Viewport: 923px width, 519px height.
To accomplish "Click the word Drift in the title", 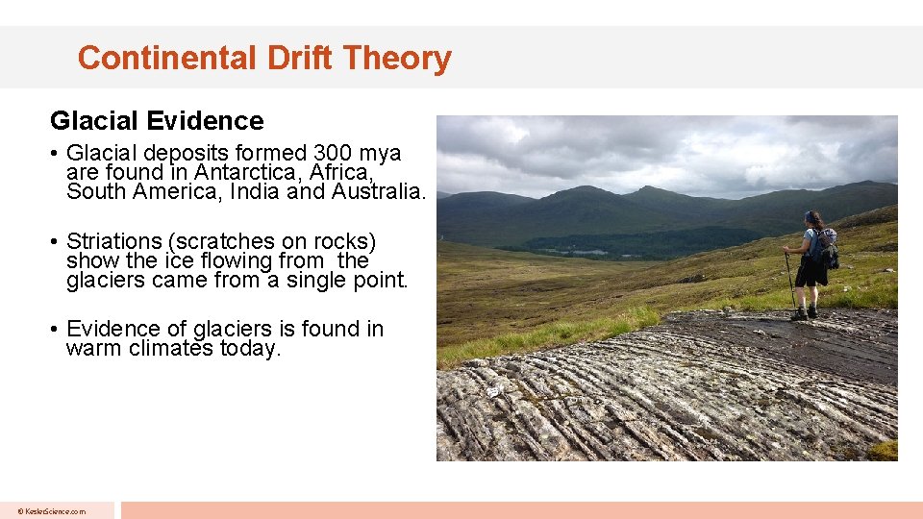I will [x=299, y=59].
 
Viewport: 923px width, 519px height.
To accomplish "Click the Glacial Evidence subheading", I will [x=157, y=121].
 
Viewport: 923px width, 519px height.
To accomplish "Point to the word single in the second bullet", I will [x=322, y=280].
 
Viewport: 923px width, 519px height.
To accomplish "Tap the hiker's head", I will [x=813, y=219].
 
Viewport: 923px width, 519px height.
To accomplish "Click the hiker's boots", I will [x=805, y=313].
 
